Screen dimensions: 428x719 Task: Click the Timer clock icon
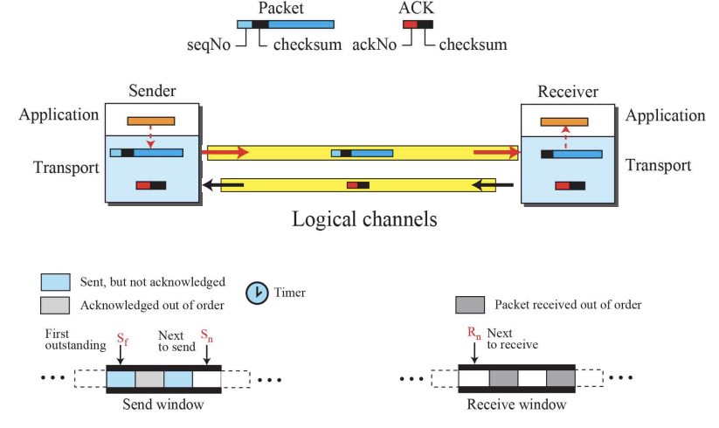pos(258,293)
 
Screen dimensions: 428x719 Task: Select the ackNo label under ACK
pos(376,45)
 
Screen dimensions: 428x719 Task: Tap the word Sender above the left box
pos(152,92)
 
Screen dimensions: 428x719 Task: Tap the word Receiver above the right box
pos(568,92)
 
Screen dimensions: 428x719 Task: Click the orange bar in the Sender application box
pos(151,121)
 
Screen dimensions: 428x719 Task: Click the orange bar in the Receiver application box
pos(563,121)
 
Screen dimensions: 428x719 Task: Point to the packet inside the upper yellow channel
pos(362,154)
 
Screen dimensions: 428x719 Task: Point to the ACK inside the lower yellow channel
pos(358,185)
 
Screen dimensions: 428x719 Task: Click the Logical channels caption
pos(364,218)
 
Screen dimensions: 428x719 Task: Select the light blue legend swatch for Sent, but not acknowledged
pos(55,282)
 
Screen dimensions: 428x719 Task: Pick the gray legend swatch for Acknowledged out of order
pos(55,306)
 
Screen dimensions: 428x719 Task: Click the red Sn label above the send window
pos(205,335)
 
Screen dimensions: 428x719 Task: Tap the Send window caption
pos(163,404)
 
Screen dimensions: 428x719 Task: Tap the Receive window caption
pos(516,404)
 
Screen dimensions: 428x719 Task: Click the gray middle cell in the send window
pos(149,379)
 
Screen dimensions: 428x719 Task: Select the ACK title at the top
pos(417,8)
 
